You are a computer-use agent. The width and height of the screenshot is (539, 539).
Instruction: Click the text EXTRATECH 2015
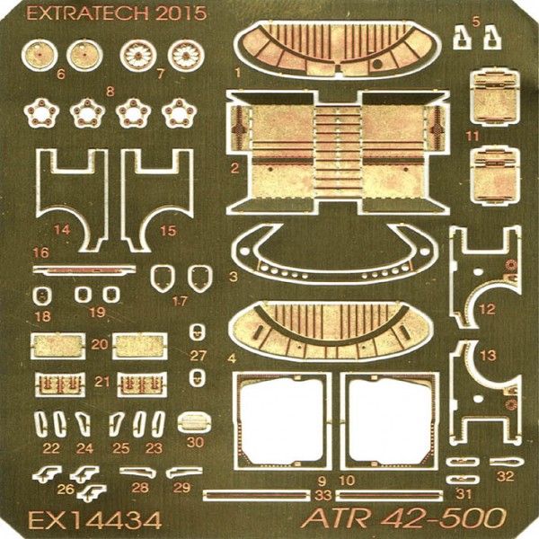[x=117, y=13]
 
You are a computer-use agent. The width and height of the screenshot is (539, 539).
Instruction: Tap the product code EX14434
[x=95, y=520]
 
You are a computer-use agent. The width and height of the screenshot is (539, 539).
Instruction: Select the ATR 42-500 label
[x=403, y=517]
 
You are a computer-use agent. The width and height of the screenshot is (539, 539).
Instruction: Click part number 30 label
[x=195, y=442]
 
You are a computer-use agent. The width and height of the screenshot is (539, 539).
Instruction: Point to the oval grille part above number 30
[x=195, y=423]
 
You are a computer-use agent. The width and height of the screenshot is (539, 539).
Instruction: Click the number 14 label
[x=62, y=230]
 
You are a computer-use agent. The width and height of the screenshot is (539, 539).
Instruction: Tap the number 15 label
[x=168, y=231]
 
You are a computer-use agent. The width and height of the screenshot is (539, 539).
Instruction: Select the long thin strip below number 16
[x=84, y=270]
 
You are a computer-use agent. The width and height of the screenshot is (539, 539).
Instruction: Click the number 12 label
[x=487, y=309]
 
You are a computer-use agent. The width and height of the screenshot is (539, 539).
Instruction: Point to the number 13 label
[x=488, y=356]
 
